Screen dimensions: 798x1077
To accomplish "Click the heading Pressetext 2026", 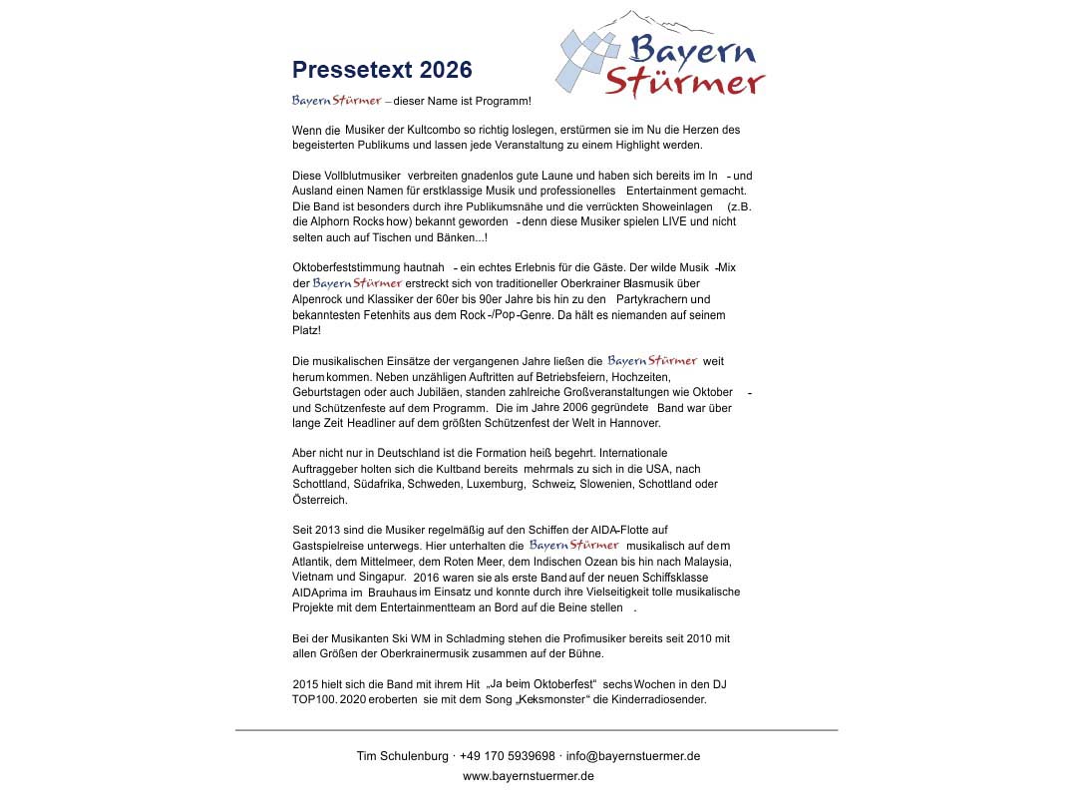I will (382, 70).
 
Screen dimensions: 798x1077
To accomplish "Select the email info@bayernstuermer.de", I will (633, 756).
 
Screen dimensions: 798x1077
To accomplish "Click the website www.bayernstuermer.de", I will (529, 776).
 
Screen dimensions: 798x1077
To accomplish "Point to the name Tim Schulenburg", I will (402, 756).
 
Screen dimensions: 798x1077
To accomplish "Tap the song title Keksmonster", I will (555, 699).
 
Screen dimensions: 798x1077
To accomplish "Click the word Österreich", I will (320, 500).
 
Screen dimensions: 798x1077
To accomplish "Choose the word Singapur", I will (382, 577).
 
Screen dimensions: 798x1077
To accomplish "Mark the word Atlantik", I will (314, 562).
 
